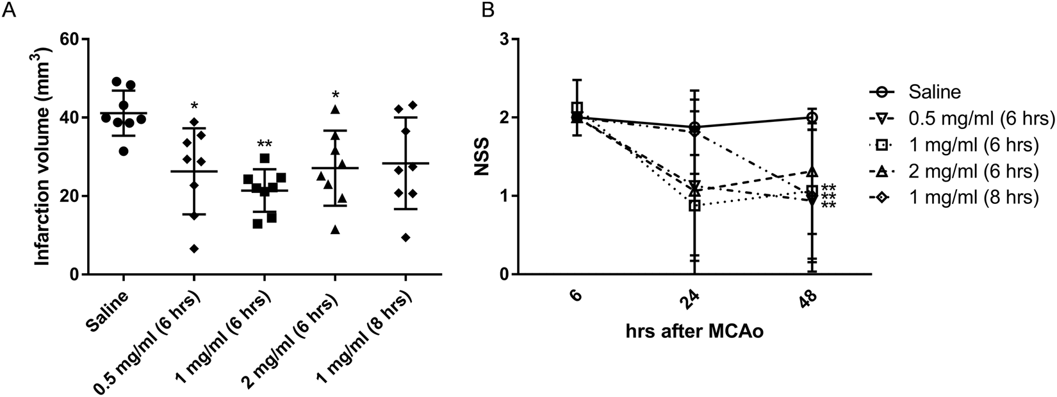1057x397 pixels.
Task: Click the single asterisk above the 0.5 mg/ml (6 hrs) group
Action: [194, 105]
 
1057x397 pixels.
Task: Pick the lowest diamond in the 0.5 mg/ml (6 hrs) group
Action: [194, 249]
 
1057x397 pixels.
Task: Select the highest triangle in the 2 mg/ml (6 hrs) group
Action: [334, 110]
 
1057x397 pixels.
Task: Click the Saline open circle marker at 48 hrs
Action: [812, 117]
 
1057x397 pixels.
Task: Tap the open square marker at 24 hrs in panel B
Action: [694, 206]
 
